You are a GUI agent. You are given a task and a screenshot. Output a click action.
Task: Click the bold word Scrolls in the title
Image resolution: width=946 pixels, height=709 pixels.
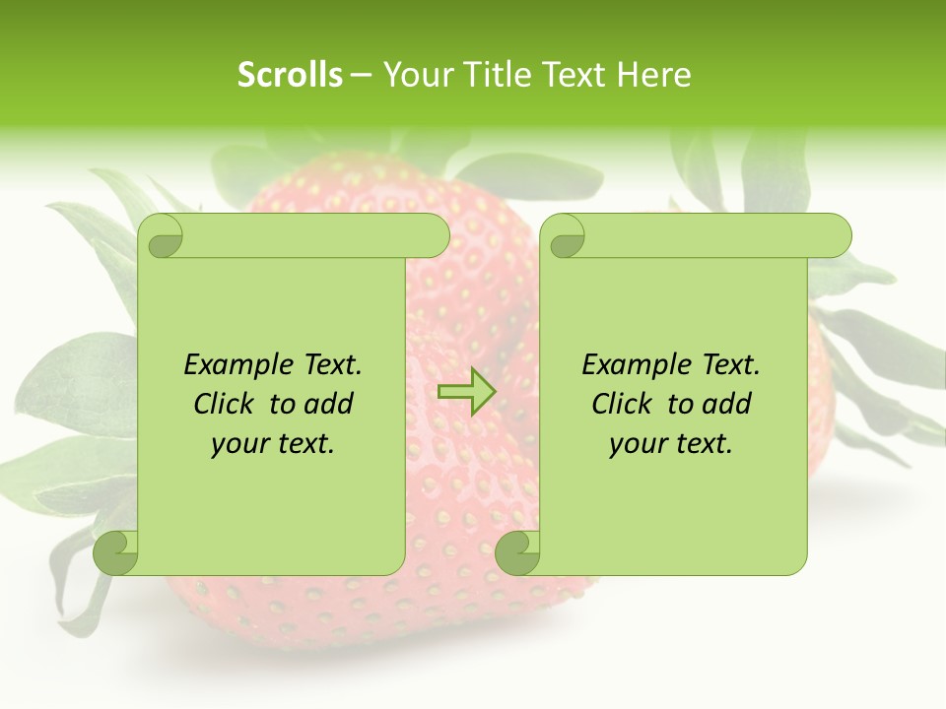(x=290, y=75)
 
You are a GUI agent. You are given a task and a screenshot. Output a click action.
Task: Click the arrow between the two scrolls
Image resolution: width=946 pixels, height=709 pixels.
(x=466, y=392)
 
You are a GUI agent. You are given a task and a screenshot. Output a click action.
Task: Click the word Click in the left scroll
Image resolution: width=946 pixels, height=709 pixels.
(x=226, y=405)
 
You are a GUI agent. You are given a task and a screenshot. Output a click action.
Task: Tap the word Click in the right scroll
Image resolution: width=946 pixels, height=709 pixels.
(x=624, y=405)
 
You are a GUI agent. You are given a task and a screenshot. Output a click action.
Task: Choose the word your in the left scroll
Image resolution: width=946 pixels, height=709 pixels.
(x=236, y=445)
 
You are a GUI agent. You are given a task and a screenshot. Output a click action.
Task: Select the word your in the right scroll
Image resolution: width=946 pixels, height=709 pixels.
(x=635, y=445)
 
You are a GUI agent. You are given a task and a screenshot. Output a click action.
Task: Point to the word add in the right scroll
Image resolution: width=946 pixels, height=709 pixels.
(x=727, y=405)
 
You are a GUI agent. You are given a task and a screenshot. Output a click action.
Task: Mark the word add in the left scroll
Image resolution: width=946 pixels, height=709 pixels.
(x=329, y=405)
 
